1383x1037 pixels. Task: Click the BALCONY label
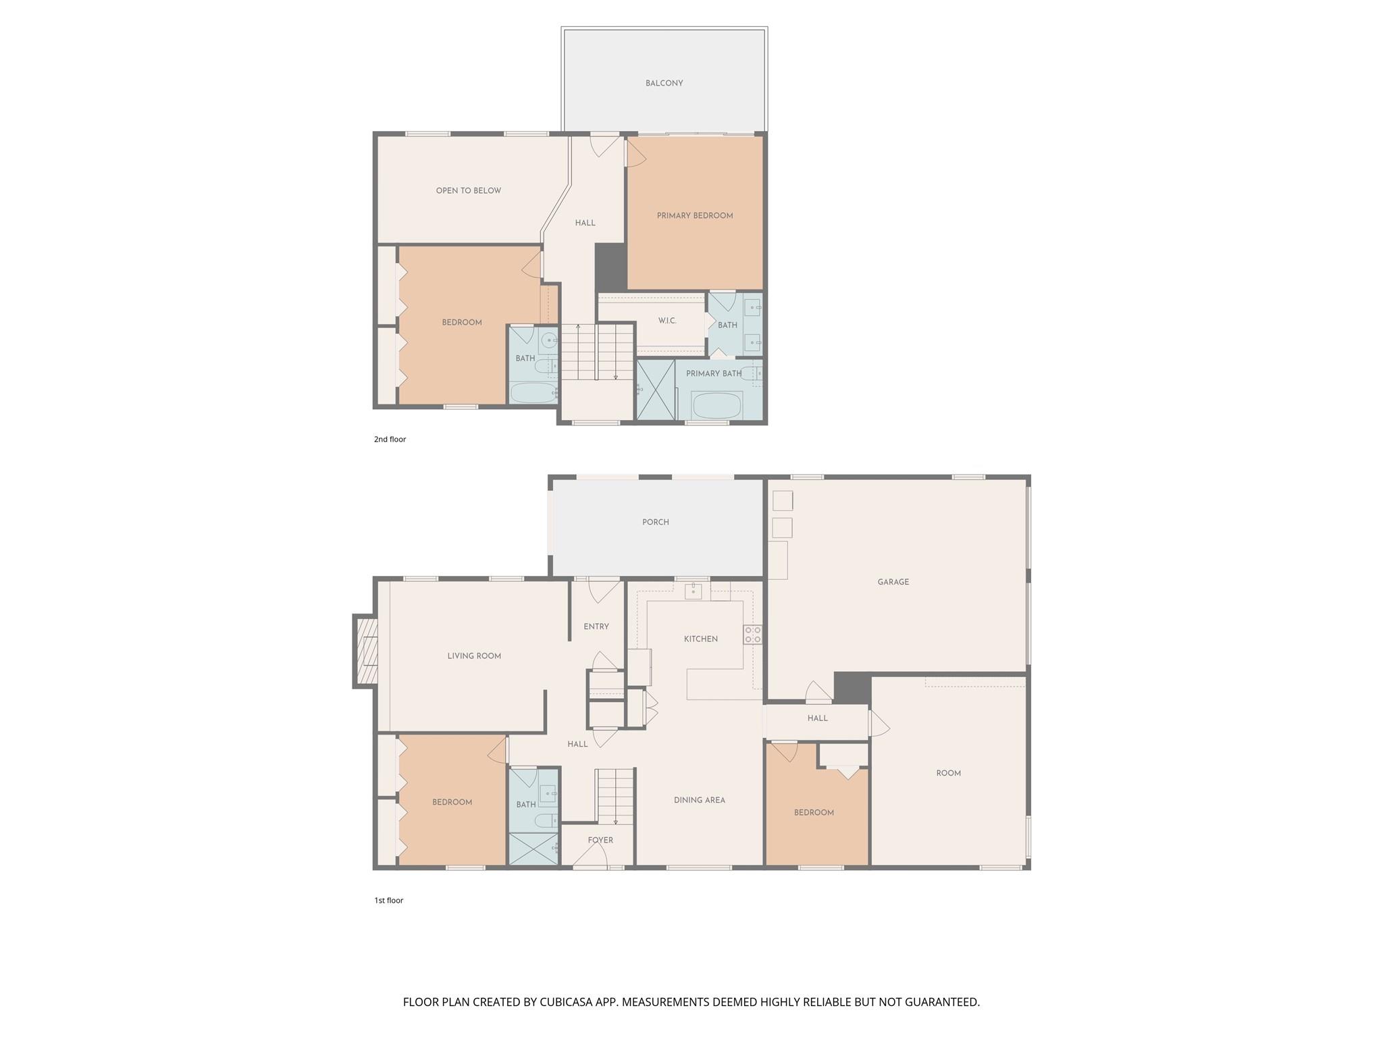664,83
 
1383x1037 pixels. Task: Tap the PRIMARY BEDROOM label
694,215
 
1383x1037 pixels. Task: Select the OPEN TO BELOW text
468,190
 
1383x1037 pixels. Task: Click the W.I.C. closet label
667,321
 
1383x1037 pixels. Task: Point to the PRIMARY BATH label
713,373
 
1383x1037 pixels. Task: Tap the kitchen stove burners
752,635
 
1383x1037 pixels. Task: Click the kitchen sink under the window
693,591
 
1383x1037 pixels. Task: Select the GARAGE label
893,581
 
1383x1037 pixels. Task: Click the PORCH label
655,522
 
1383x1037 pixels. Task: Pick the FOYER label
600,840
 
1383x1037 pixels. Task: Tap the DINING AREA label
699,800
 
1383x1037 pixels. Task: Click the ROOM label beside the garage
948,773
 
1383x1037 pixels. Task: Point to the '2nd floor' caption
390,439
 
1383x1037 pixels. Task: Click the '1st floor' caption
388,900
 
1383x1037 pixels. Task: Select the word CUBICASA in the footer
565,1002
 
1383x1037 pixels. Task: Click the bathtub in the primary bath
716,406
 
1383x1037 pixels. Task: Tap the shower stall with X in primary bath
655,390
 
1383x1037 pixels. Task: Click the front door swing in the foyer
590,857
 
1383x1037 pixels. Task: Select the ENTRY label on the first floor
596,627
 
